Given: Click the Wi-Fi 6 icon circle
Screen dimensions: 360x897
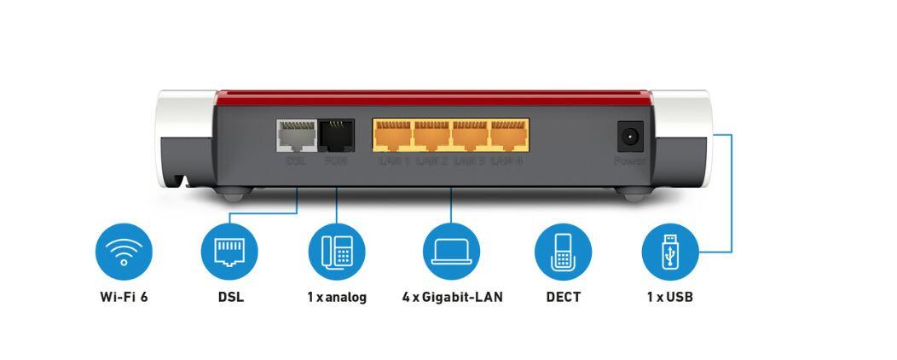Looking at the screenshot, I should point(124,252).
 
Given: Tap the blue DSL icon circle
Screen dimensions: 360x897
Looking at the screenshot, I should point(229,252).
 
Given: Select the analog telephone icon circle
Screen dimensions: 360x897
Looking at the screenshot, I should point(337,252).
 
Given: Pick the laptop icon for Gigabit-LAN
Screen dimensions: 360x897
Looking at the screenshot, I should point(452,252).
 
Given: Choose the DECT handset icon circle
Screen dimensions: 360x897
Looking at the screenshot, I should point(563,252).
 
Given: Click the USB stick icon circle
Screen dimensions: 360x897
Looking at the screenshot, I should point(669,252).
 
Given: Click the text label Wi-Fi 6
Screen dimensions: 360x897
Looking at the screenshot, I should point(124,298).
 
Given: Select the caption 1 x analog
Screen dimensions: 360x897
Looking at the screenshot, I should point(337,298).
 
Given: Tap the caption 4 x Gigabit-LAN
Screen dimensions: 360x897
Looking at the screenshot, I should point(452,298).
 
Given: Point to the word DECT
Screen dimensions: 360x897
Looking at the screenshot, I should point(563,298).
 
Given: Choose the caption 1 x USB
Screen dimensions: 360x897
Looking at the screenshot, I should point(669,298).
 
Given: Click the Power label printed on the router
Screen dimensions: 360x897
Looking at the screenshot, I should point(630,160).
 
